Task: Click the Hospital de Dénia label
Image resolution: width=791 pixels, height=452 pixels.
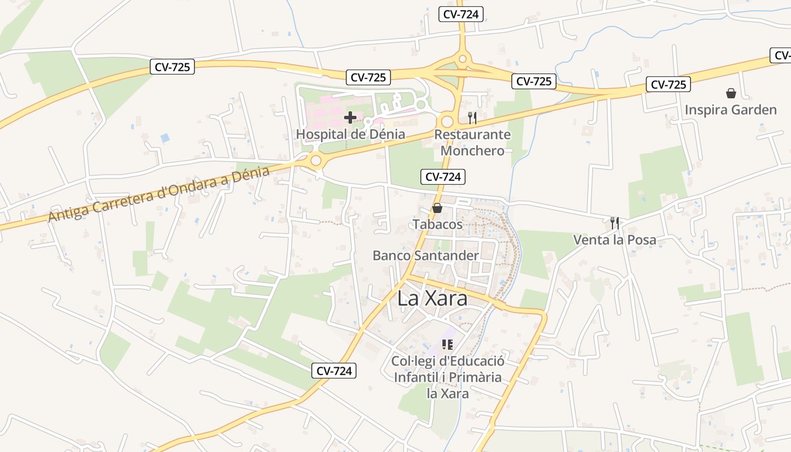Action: click(x=350, y=134)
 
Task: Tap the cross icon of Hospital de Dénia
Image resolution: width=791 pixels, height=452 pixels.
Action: click(x=350, y=118)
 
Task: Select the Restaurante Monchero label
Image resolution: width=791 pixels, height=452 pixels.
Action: click(x=472, y=142)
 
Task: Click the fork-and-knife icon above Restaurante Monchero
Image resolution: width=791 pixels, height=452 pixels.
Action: click(x=472, y=118)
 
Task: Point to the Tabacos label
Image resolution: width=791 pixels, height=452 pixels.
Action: click(x=437, y=224)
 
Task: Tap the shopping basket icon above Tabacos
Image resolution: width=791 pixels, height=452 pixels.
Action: click(x=437, y=208)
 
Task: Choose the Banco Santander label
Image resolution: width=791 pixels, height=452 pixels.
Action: click(x=425, y=255)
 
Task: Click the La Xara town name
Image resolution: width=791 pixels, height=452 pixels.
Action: click(x=432, y=298)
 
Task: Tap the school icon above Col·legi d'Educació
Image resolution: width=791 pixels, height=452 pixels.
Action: click(x=447, y=344)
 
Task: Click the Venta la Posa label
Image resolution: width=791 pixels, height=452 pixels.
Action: click(x=615, y=240)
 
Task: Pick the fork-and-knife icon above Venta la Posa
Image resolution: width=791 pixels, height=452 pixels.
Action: click(x=615, y=223)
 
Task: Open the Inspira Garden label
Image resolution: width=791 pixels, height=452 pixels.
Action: click(x=731, y=110)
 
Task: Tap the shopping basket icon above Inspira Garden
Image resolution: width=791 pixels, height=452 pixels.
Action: click(x=731, y=93)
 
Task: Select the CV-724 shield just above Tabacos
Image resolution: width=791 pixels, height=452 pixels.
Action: click(x=443, y=177)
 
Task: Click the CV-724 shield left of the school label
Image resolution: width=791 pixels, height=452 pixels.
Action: click(x=334, y=371)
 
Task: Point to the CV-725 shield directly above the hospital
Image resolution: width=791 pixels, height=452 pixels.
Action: click(x=368, y=77)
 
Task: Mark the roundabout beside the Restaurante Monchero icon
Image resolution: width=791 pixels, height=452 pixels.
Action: click(x=447, y=121)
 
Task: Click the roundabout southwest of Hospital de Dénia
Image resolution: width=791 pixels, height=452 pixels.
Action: click(x=316, y=161)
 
